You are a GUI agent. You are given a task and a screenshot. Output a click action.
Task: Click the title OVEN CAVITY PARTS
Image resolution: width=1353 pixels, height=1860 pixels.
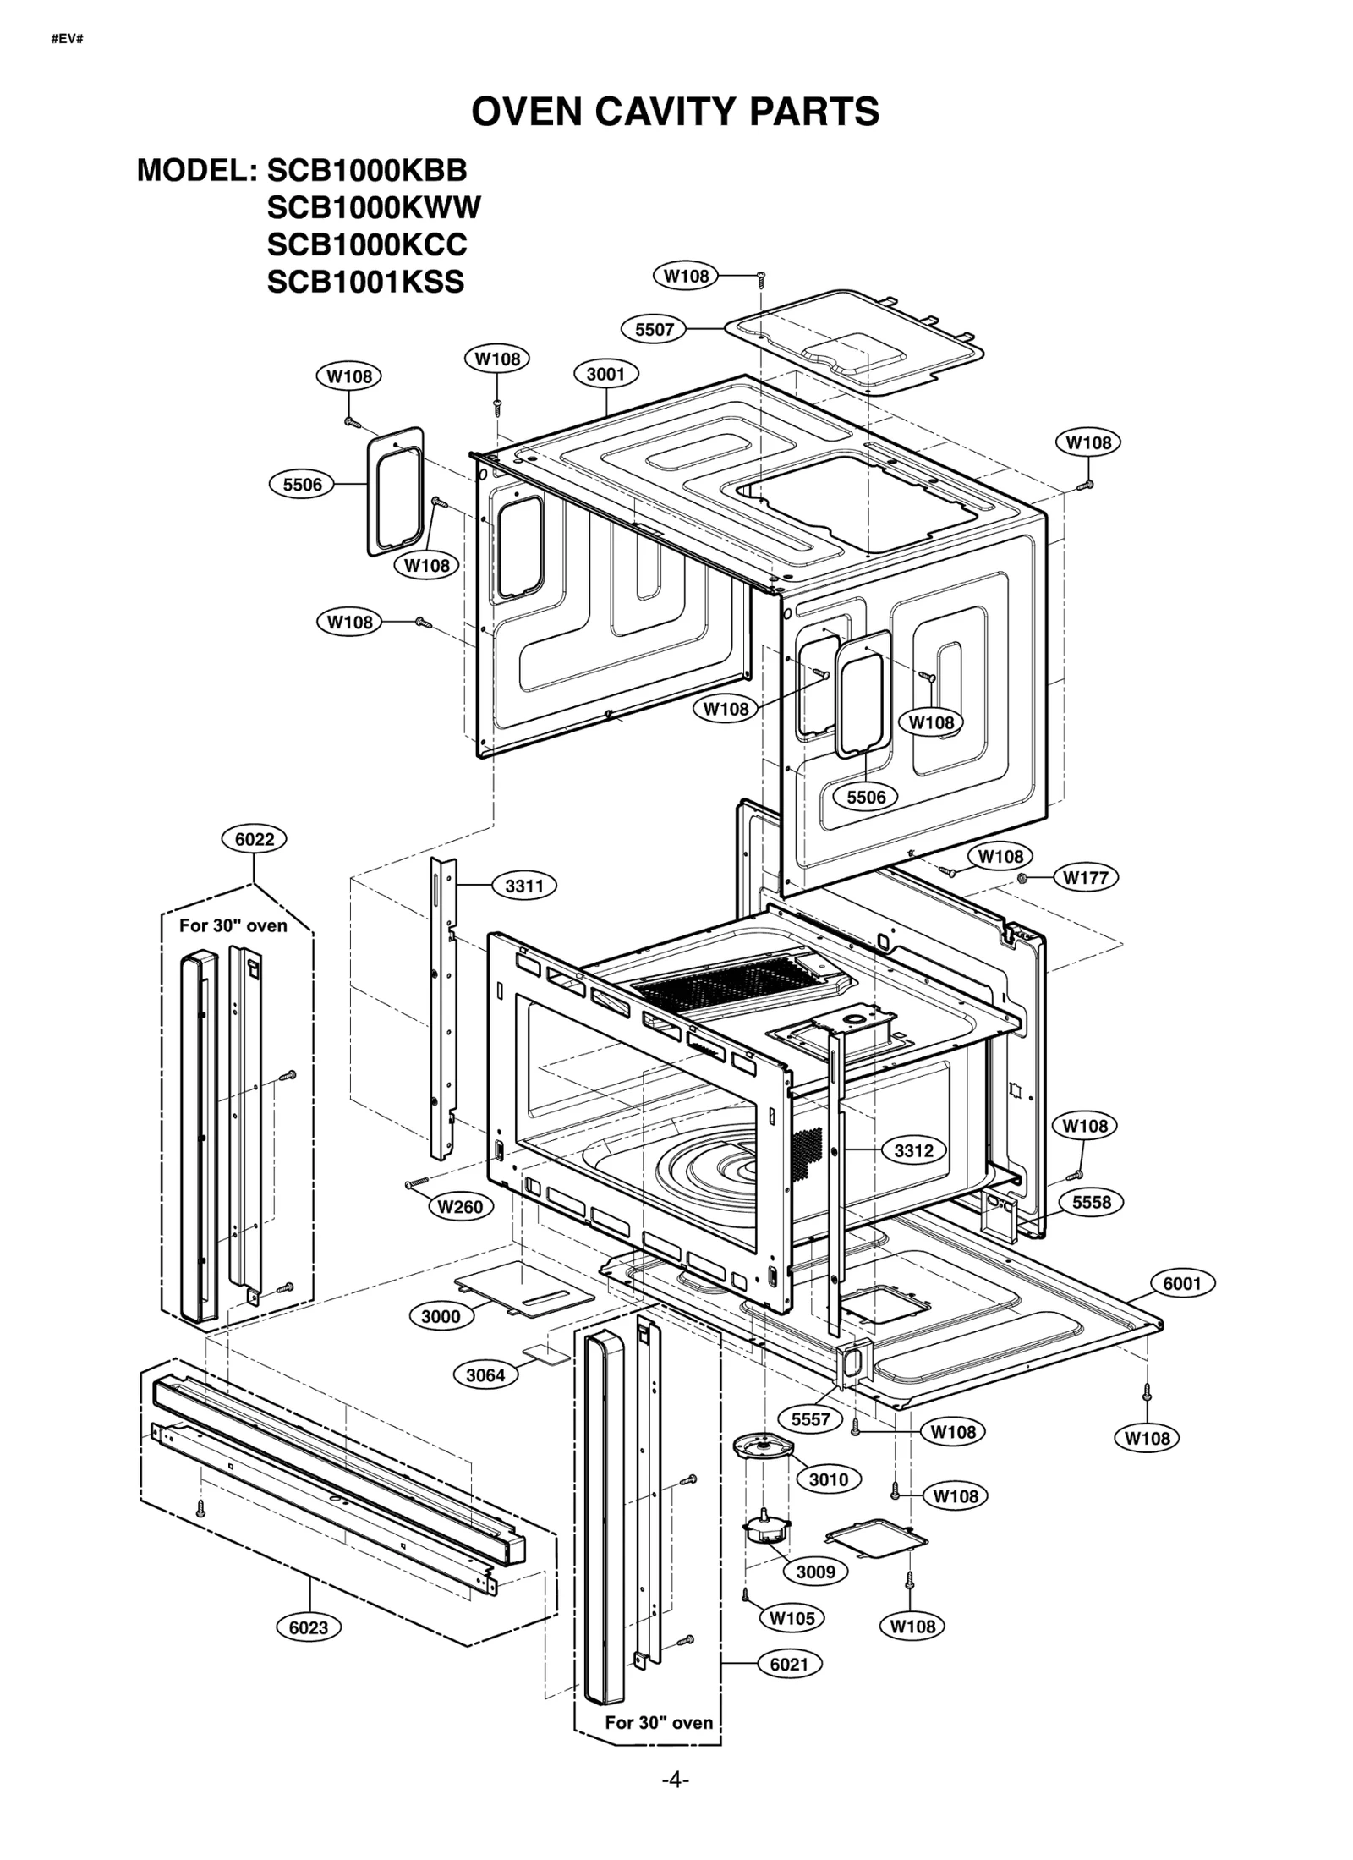click(675, 112)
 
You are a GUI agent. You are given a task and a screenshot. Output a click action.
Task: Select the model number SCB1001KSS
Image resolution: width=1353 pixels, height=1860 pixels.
click(365, 282)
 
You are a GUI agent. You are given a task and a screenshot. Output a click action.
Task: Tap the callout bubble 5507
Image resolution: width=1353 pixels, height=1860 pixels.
click(654, 329)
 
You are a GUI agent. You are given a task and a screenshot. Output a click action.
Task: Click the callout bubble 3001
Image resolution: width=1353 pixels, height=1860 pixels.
click(605, 374)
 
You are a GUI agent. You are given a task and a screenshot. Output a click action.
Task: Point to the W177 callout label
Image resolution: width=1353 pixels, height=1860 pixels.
click(1085, 877)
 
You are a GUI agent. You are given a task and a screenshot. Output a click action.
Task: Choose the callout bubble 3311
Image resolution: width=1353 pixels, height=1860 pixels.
click(523, 886)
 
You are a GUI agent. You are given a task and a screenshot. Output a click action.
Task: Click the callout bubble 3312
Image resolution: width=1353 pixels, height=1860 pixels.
click(913, 1150)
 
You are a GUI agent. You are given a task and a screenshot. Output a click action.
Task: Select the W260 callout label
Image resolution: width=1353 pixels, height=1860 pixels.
click(460, 1207)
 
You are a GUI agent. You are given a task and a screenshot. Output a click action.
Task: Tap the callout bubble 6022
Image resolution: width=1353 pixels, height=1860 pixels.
click(254, 839)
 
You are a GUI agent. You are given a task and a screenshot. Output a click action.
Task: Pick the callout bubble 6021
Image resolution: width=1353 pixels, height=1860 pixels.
click(789, 1664)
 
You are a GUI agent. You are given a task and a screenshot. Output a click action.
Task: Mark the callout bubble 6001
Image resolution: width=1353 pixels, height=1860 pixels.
click(1181, 1283)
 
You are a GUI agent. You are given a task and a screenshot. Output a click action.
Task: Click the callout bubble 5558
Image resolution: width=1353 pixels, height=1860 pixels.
click(1091, 1202)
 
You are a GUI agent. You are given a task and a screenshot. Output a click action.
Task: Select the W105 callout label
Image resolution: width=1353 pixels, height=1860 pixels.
click(792, 1618)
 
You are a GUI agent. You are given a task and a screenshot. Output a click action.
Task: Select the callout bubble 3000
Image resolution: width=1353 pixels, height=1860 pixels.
click(441, 1316)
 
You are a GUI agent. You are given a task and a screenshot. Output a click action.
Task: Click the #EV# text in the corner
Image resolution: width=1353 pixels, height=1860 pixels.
click(67, 39)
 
